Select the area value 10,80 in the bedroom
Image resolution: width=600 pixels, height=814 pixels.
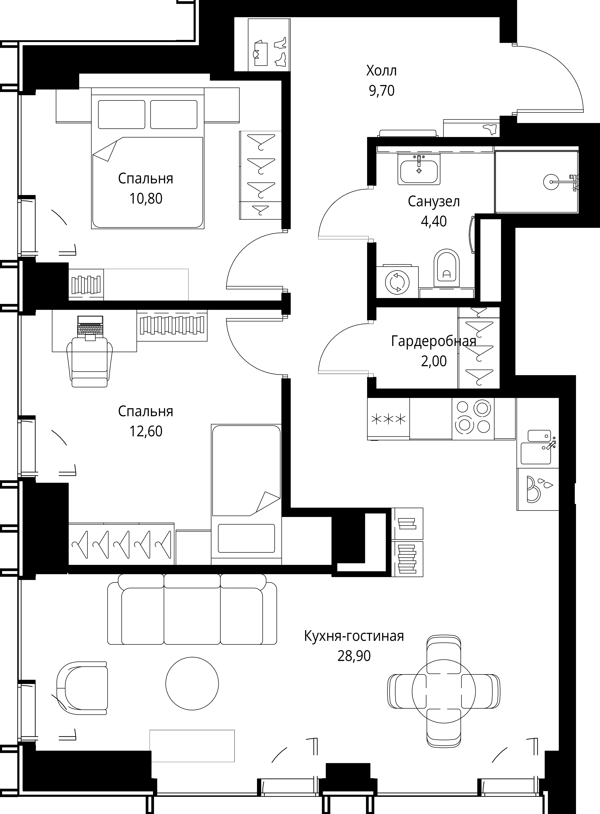146,199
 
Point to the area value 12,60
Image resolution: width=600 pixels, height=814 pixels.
146,431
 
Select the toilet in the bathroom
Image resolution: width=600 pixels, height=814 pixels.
447,268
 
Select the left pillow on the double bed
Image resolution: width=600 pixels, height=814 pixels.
121,114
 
